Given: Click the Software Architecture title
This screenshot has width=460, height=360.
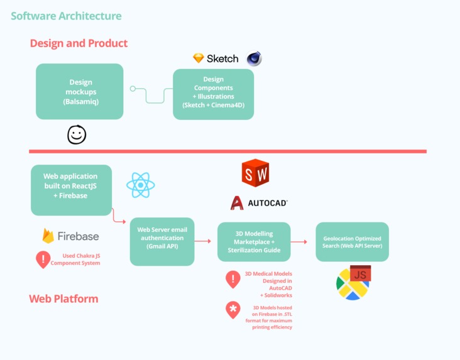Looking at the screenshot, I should coord(66,16).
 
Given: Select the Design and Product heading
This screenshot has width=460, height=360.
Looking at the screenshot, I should coord(79,43).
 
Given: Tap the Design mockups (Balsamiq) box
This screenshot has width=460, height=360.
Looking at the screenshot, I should coord(80,91).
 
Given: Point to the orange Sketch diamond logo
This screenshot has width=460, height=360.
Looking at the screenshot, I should coord(199,58).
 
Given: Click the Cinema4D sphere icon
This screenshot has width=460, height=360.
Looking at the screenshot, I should coord(254,59).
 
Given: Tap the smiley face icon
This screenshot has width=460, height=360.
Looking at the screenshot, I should coord(77,134).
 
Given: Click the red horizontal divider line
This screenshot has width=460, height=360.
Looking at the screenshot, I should coord(227,151).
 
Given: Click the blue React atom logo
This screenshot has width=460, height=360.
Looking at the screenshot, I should coord(140,185).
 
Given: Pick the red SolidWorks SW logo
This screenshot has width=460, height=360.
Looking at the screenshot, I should coord(255,173).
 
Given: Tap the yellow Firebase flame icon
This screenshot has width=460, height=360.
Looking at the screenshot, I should coord(48,236).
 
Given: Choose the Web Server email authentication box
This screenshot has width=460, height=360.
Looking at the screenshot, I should coord(162,241).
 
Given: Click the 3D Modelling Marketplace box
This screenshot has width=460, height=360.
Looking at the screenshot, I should coord(254,242).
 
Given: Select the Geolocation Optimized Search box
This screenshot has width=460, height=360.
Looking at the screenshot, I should coord(352,242).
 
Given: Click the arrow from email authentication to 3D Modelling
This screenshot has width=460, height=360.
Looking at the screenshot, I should coord(203,241).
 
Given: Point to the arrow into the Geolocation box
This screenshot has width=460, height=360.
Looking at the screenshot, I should coord(299,242).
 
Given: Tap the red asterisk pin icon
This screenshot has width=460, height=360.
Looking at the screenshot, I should coord(233,310).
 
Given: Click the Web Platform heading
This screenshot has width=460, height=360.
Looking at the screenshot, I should coord(63,298).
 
